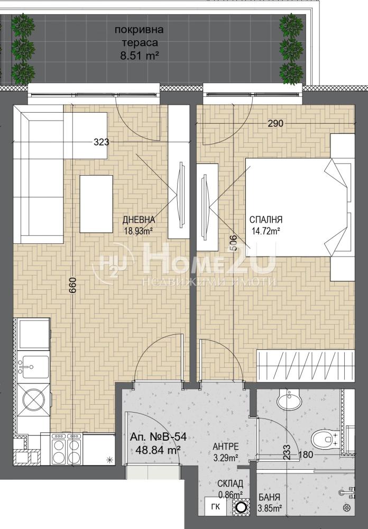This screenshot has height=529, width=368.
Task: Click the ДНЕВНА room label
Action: (139, 220)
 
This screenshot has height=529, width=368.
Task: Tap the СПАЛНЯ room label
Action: (266, 220)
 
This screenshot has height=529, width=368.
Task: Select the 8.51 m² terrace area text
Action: (140, 56)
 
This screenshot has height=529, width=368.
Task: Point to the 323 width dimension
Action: (102, 142)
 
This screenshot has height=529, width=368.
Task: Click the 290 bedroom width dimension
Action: (275, 124)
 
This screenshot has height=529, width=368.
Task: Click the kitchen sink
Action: (33, 367)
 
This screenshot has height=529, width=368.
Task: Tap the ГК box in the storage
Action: (216, 506)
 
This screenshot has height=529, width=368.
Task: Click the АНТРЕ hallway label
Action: (226, 446)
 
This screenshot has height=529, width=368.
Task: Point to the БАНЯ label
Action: (269, 497)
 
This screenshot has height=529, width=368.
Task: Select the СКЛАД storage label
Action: (230, 484)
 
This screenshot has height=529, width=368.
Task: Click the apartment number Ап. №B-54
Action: (158, 437)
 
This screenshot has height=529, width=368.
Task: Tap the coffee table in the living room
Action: (96, 204)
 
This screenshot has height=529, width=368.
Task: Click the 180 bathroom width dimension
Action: (306, 454)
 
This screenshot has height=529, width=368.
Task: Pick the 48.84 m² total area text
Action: (158, 449)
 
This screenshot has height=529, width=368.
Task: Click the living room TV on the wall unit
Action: (182, 194)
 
